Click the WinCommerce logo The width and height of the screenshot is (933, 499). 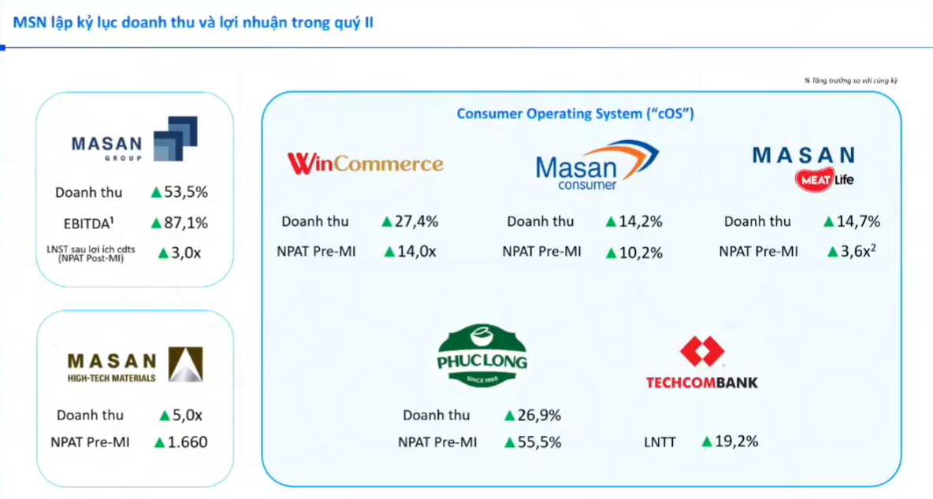click(x=366, y=164)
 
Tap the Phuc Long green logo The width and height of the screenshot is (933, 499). click(x=482, y=356)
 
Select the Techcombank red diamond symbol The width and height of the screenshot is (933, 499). click(x=702, y=350)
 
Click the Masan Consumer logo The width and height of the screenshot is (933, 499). click(x=597, y=165)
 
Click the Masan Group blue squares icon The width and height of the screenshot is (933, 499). click(x=176, y=139)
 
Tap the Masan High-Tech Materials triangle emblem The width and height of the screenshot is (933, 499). click(x=186, y=364)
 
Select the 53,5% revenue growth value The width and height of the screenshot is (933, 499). click(x=186, y=192)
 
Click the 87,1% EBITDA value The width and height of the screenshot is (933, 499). click(x=186, y=223)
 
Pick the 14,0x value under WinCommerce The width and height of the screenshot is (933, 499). click(x=417, y=251)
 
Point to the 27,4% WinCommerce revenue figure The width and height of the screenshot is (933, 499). click(x=417, y=222)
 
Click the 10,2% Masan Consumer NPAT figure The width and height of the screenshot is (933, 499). click(x=641, y=253)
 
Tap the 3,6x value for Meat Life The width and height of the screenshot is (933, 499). click(x=858, y=251)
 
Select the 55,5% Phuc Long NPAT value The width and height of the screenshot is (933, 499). click(x=539, y=442)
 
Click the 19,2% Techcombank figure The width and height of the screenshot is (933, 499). click(x=737, y=442)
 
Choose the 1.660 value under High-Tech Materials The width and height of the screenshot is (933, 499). click(x=188, y=442)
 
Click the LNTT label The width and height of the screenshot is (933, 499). click(x=660, y=442)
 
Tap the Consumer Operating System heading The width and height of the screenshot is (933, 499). click(x=575, y=113)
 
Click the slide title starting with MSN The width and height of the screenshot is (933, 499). click(x=193, y=23)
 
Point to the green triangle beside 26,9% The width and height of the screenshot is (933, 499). click(x=509, y=416)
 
